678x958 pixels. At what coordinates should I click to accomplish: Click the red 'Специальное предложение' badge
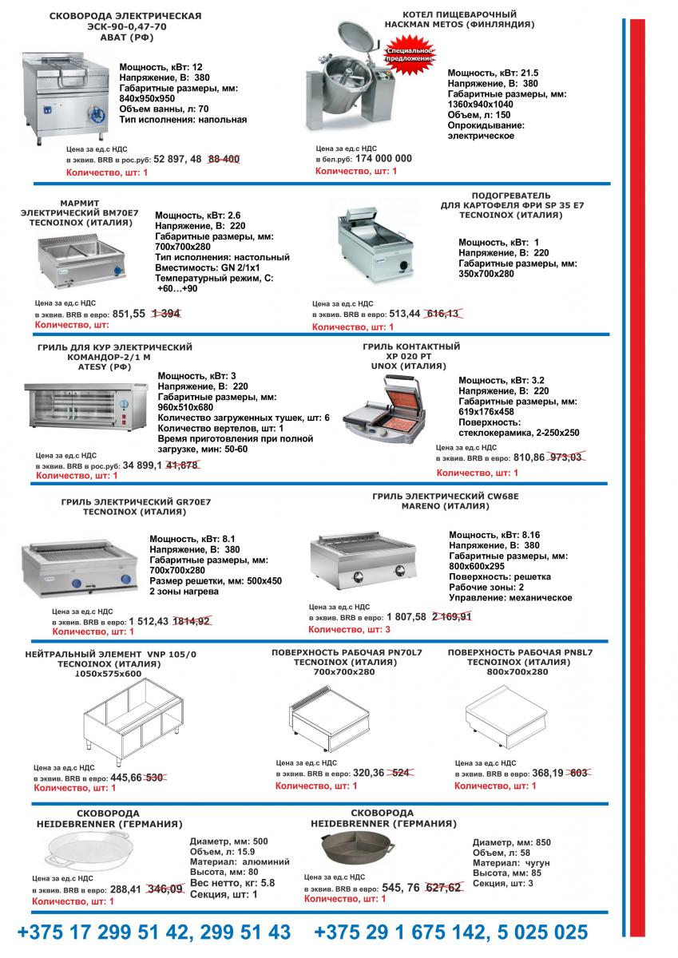point(410,54)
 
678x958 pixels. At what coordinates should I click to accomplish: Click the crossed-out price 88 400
point(224,159)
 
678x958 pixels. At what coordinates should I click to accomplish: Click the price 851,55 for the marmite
point(129,314)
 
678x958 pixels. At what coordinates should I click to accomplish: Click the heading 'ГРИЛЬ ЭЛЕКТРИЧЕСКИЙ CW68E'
point(446,497)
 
